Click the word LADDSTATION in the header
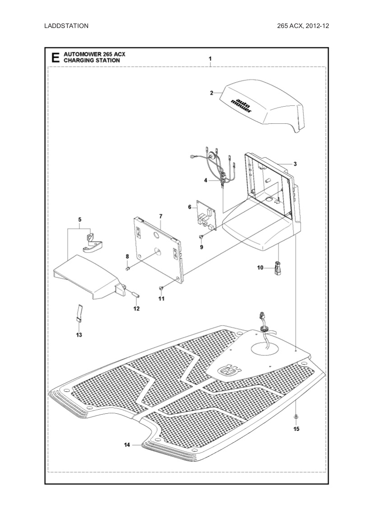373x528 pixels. click(x=66, y=26)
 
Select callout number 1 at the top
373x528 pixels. click(x=210, y=59)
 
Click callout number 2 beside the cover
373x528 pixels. click(x=211, y=93)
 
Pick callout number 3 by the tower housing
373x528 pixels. click(x=295, y=164)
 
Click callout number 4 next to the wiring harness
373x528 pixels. click(x=205, y=180)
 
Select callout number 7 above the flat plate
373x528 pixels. click(x=160, y=217)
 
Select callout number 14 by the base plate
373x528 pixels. click(x=127, y=445)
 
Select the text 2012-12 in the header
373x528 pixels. click(x=317, y=26)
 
